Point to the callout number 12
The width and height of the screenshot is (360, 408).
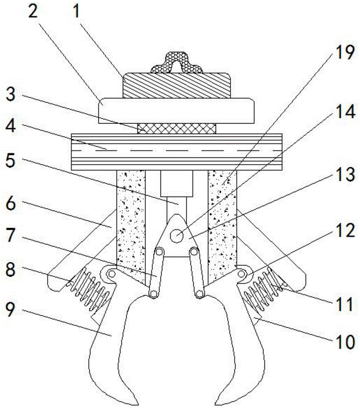tap(345, 230)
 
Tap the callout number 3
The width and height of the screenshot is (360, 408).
tap(11, 94)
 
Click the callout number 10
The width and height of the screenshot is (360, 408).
tap(345, 342)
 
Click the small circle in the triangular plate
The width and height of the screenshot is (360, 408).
tap(177, 236)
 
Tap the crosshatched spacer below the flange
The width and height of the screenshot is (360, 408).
tap(177, 129)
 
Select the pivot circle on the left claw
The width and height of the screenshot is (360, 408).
tap(112, 274)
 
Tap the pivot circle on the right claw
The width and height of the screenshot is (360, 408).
tap(241, 274)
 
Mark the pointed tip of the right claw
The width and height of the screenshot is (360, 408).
tap(216, 405)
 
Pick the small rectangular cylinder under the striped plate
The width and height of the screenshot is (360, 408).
tap(177, 184)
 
